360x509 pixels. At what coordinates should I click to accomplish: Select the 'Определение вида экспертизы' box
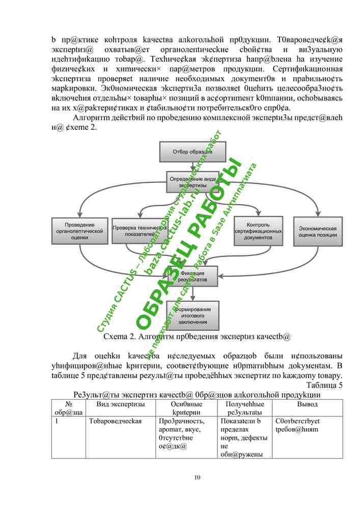pos(192,182)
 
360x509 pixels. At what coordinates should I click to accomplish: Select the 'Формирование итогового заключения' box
pos(192,315)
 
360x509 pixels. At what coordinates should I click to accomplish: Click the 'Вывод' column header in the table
pos(307,404)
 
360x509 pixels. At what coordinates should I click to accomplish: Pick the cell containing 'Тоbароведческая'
pos(115,421)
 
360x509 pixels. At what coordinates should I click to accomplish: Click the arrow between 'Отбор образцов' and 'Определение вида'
pos(192,165)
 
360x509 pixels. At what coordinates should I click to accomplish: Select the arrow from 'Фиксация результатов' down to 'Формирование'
pos(192,294)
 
